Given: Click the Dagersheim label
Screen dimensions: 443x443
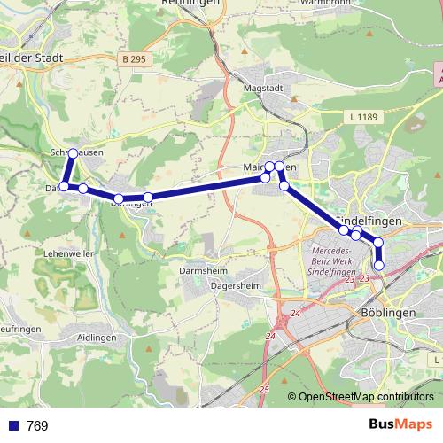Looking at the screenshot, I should click(236, 285).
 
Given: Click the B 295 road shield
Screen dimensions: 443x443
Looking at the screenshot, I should click(136, 59).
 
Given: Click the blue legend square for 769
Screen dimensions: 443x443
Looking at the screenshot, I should click(13, 426).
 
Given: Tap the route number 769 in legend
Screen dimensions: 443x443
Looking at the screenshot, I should click(37, 426).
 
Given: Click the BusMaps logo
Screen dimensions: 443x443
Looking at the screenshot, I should click(401, 424).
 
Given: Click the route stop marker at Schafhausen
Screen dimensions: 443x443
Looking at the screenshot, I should click(73, 153).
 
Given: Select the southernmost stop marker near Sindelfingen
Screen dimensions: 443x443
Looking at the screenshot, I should click(379, 265).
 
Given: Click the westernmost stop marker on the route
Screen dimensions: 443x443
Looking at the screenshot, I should click(64, 186).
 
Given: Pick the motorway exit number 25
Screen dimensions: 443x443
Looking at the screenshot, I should click(265, 390).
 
